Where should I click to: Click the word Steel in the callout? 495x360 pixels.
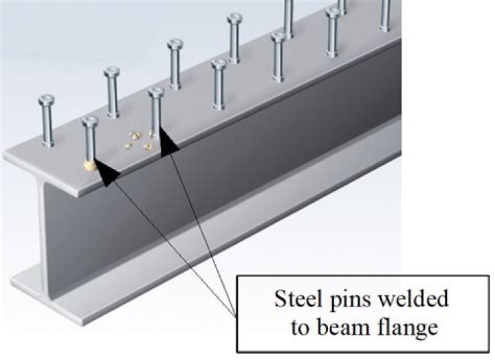[x=297, y=300]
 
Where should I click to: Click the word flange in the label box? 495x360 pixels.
[x=411, y=328]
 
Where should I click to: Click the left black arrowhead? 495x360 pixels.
[x=104, y=172]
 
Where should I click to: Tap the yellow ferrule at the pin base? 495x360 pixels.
[x=89, y=165]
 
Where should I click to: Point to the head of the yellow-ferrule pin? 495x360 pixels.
[x=90, y=122]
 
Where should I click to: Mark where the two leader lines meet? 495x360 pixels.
[x=236, y=315]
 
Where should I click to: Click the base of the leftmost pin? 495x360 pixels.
[x=47, y=144]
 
